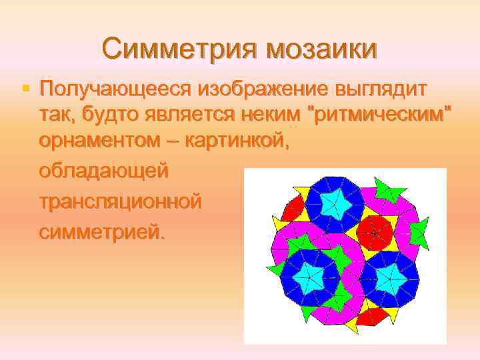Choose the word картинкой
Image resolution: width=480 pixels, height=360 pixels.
[237, 141]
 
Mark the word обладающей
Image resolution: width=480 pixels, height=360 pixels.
[104, 171]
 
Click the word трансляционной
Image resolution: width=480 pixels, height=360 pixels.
[120, 201]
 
